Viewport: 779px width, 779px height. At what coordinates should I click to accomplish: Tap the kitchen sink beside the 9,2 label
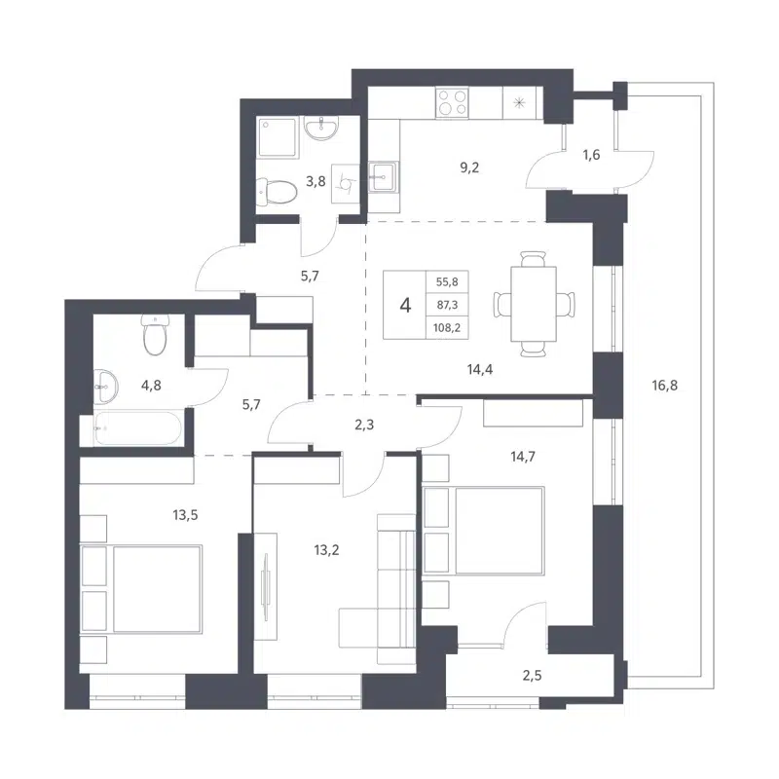click(x=385, y=176)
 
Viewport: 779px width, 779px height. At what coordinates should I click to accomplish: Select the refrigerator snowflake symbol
click(x=518, y=101)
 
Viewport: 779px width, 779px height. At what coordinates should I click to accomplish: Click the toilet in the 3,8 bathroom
click(x=276, y=189)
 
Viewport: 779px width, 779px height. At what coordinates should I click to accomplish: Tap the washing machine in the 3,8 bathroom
click(x=345, y=180)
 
